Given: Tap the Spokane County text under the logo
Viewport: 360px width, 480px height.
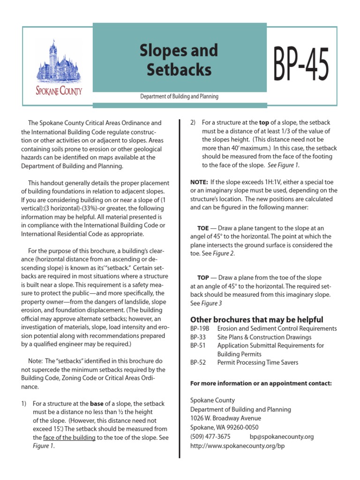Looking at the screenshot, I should (59, 90).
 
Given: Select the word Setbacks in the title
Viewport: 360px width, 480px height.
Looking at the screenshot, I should (179, 69).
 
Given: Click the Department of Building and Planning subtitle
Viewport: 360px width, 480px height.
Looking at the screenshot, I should (180, 97).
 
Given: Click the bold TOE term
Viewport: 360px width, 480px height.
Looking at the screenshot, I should (203, 228).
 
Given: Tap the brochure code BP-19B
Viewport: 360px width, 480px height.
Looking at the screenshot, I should (199, 329).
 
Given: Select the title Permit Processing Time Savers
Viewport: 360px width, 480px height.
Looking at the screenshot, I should (257, 362).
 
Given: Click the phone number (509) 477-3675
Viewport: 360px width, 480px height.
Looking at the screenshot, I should (210, 436).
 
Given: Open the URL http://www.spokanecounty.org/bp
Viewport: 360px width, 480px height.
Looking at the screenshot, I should (237, 445).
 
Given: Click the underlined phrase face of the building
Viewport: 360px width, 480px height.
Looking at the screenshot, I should (69, 437).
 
